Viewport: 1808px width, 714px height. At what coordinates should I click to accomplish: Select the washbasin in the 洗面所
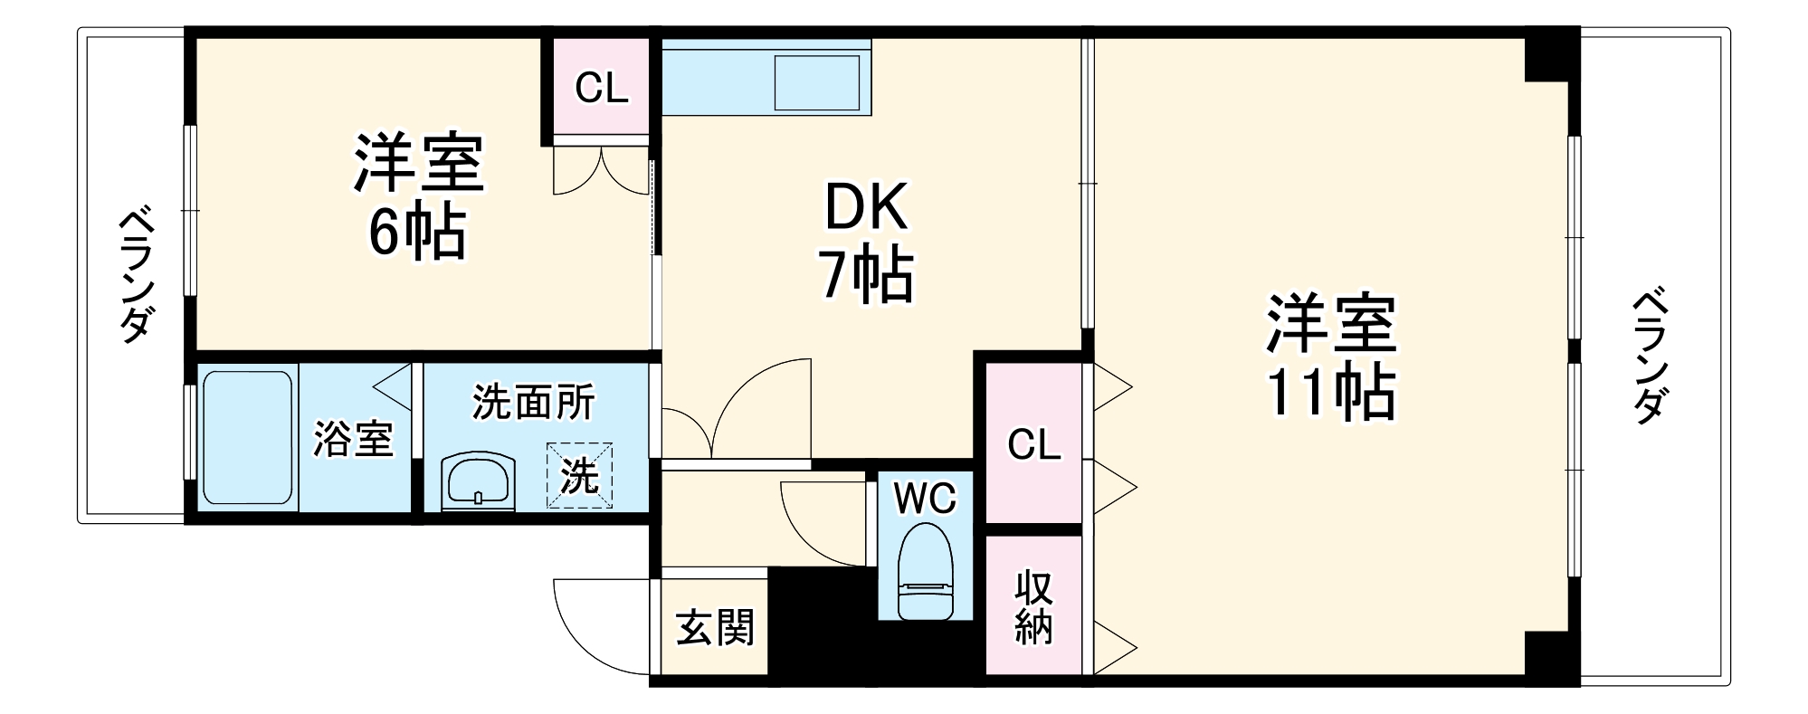tap(478, 481)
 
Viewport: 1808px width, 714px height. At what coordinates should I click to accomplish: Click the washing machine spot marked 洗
tap(579, 474)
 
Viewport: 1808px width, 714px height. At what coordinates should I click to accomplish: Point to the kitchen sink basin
tap(817, 82)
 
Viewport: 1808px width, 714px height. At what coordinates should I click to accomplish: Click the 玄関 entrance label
tap(715, 627)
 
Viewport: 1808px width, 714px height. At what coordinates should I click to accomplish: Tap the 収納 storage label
tap(1033, 606)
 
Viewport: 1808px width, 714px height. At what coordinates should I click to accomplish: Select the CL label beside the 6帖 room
tap(602, 89)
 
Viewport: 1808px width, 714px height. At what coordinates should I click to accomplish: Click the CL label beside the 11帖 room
tap(1033, 444)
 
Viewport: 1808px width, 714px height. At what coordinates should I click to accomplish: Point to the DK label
tap(865, 207)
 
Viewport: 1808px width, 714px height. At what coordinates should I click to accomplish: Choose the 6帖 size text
tap(416, 232)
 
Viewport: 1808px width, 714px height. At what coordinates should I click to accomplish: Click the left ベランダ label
tap(135, 276)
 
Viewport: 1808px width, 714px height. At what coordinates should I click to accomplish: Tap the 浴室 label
tap(353, 439)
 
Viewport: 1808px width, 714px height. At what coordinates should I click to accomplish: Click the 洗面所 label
tap(534, 402)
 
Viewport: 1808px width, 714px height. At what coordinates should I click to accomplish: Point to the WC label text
tap(925, 498)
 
